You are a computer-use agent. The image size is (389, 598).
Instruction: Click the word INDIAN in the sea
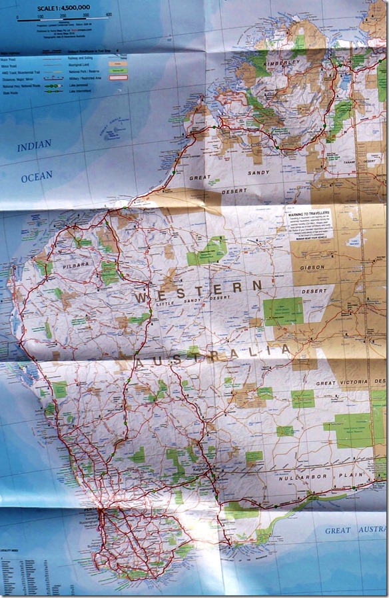click(34, 146)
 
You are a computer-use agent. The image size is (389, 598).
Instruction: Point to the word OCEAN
click(36, 178)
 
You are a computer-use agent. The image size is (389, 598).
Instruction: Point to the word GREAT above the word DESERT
click(200, 178)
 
